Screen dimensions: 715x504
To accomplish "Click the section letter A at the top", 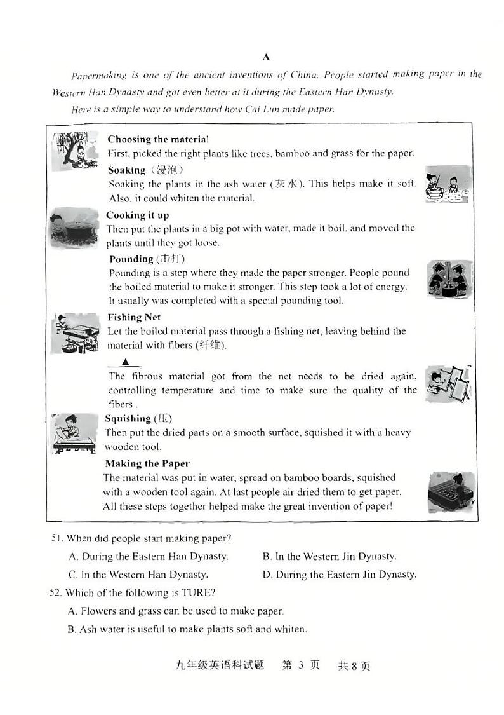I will [266, 57].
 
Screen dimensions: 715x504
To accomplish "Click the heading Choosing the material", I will [158, 139].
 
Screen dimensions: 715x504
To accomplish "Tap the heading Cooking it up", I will [137, 215].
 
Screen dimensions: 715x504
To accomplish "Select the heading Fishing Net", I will [134, 317].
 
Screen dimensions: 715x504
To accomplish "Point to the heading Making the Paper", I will [147, 463].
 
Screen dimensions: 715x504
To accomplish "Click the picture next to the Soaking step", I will [448, 184].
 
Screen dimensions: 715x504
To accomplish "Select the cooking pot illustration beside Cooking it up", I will [74, 227].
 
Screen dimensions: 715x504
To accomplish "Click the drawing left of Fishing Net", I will [75, 332].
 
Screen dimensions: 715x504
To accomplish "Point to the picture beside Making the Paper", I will [451, 491].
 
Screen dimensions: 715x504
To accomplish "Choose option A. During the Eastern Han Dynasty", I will [149, 556].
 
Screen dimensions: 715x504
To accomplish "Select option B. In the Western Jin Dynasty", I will [329, 556].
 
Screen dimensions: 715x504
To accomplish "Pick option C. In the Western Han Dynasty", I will [138, 575].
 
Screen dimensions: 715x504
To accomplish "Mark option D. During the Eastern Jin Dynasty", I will [339, 575].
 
